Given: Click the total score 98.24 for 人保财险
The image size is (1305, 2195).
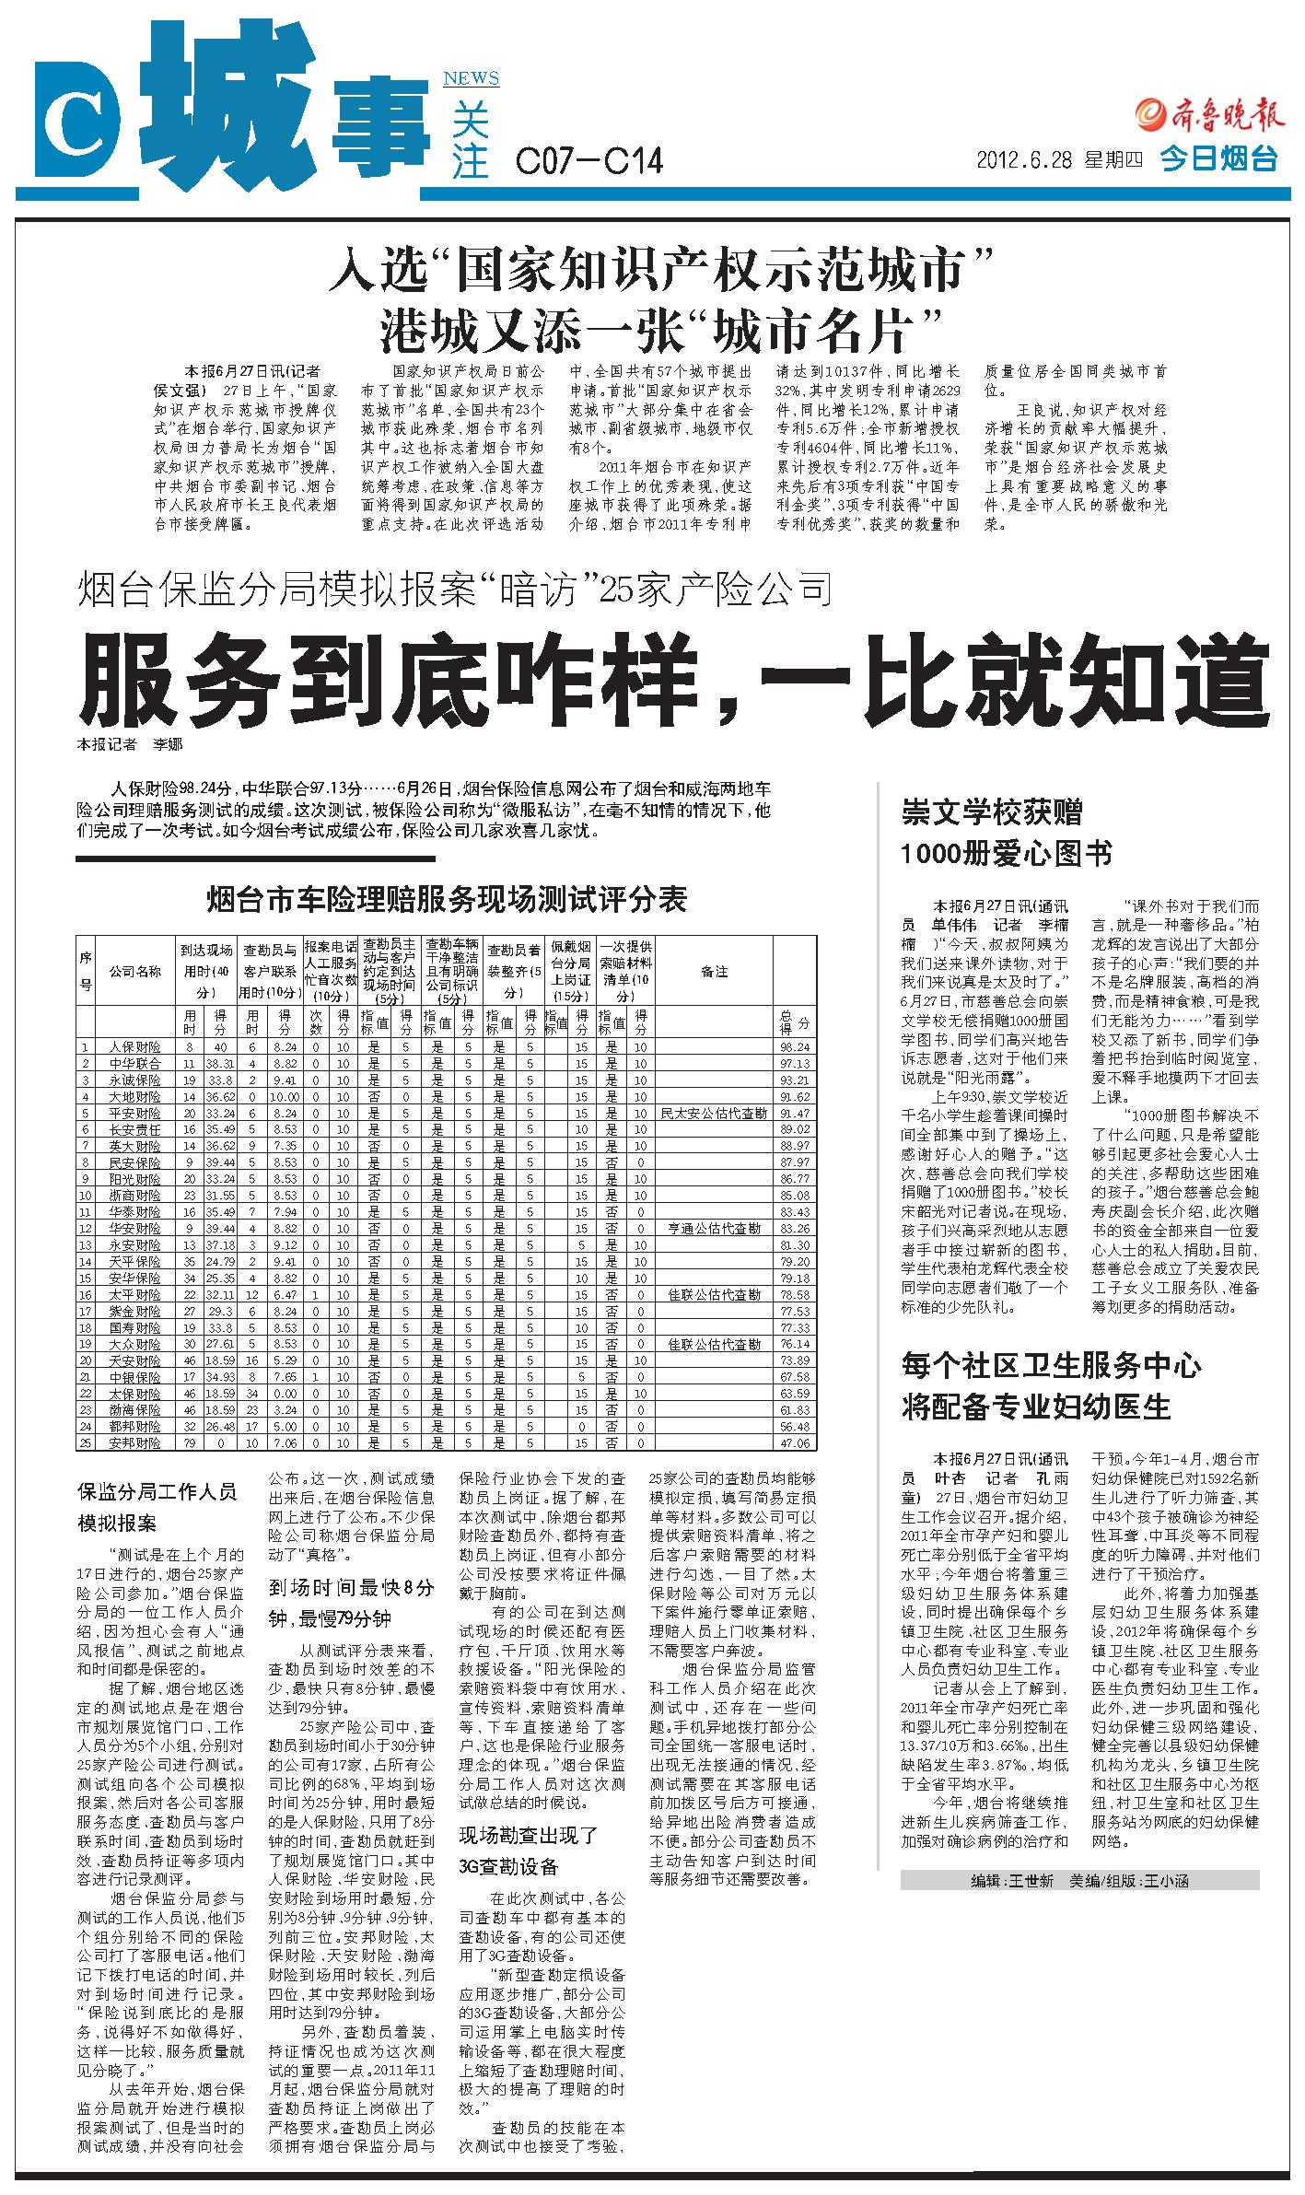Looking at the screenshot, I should pyautogui.click(x=794, y=1046).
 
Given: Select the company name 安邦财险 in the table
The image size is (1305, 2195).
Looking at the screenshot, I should pyautogui.click(x=134, y=1442).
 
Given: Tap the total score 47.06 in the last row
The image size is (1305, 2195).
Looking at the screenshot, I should pyautogui.click(x=794, y=1442).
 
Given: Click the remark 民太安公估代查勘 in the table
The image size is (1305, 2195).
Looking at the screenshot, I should pyautogui.click(x=714, y=1113).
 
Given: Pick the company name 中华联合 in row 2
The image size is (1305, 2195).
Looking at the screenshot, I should pyautogui.click(x=134, y=1063).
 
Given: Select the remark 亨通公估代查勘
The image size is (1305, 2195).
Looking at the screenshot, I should pyautogui.click(x=714, y=1228).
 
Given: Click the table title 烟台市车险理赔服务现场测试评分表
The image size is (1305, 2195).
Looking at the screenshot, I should pyautogui.click(x=447, y=899).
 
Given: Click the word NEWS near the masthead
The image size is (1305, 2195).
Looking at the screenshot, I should pyautogui.click(x=471, y=78).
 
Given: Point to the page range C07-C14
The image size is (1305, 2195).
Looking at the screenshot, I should pyautogui.click(x=588, y=162).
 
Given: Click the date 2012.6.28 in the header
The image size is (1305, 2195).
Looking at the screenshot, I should pyautogui.click(x=1024, y=159).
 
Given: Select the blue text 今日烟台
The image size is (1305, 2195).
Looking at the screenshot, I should pyautogui.click(x=1218, y=158).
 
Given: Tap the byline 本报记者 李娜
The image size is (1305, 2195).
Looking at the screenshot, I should pyautogui.click(x=129, y=744).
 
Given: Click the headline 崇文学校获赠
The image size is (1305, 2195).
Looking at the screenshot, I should pyautogui.click(x=991, y=812).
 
